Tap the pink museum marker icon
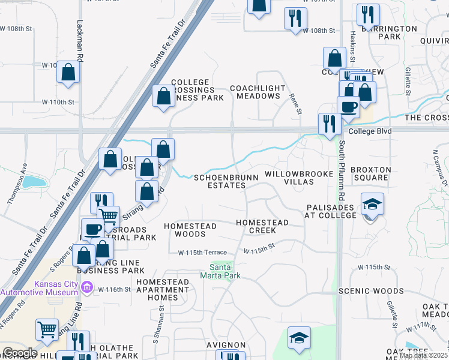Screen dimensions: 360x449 86,288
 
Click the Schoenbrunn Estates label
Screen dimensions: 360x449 226,181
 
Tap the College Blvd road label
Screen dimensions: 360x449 370,131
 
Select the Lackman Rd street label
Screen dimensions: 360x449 79,40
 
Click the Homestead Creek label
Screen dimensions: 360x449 262,226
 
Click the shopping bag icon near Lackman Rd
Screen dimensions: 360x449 69,73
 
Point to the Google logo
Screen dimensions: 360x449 19,353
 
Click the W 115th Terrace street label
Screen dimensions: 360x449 202,253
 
